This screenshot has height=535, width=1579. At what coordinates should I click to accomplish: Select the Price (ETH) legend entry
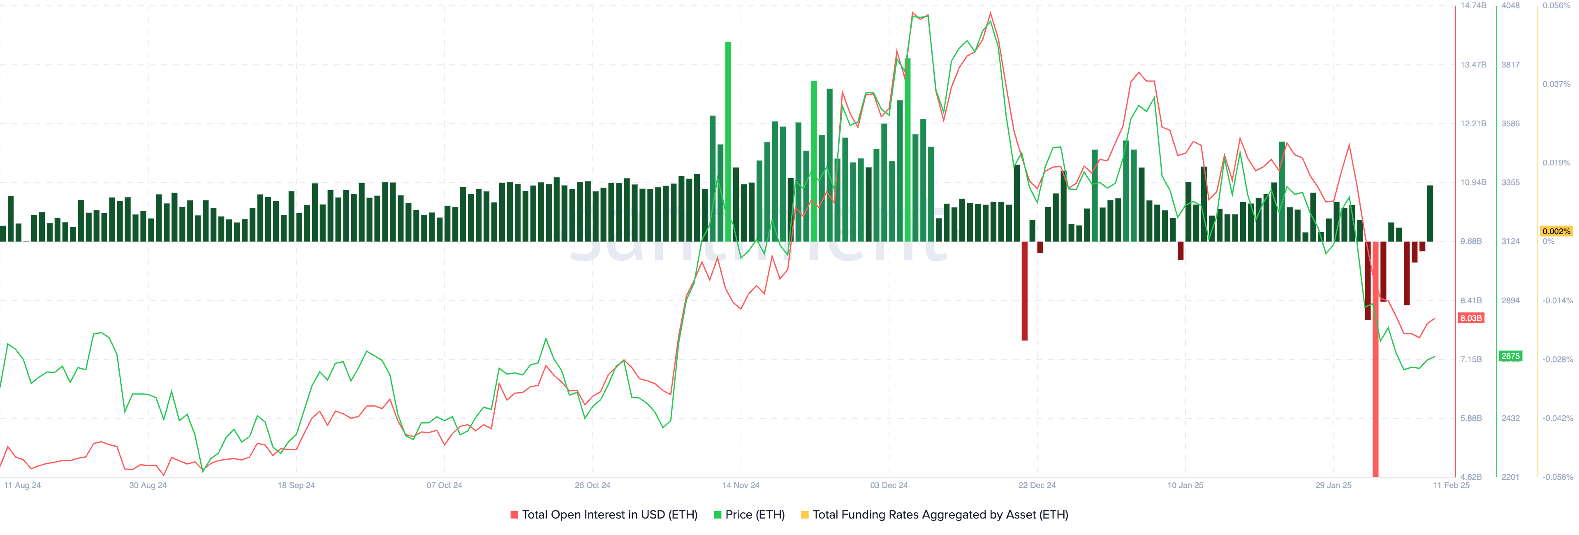[754, 515]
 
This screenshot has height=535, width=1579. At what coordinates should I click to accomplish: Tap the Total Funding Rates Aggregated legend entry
[940, 515]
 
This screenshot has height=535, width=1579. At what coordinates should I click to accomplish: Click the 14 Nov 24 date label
[741, 485]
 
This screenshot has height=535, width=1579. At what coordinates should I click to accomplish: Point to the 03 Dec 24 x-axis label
[889, 485]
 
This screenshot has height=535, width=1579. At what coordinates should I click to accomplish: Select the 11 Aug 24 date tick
[23, 485]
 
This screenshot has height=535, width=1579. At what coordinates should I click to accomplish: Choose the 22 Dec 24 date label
[1037, 485]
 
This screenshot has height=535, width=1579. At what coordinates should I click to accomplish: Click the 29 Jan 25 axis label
[1333, 485]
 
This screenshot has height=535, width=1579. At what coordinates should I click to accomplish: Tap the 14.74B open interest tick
[1473, 5]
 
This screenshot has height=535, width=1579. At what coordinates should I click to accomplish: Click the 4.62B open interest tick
[1471, 477]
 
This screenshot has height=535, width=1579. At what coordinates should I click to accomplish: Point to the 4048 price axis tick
[1510, 5]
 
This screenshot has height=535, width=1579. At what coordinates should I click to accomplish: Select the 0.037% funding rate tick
[1556, 84]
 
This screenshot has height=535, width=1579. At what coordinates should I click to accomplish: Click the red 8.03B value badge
[1470, 318]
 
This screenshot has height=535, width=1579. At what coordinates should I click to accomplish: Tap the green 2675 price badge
[1510, 356]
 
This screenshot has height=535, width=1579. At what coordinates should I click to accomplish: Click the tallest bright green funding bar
[728, 141]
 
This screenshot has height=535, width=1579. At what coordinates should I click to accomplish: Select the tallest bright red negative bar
[1375, 359]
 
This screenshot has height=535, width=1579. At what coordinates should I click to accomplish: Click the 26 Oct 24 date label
[592, 485]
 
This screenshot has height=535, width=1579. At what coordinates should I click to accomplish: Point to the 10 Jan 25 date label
[1185, 485]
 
